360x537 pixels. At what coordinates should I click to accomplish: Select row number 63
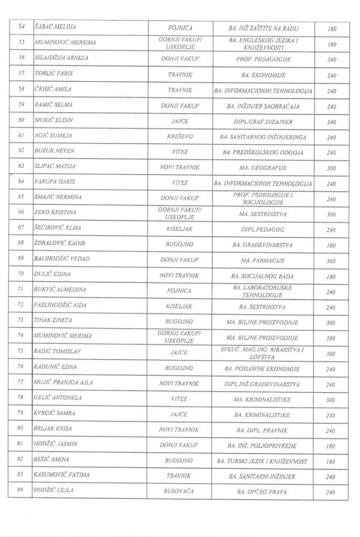[x=21, y=166]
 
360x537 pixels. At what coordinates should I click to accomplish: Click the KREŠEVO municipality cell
[x=179, y=136]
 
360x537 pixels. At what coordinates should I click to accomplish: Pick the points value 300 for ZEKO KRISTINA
[x=331, y=214]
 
